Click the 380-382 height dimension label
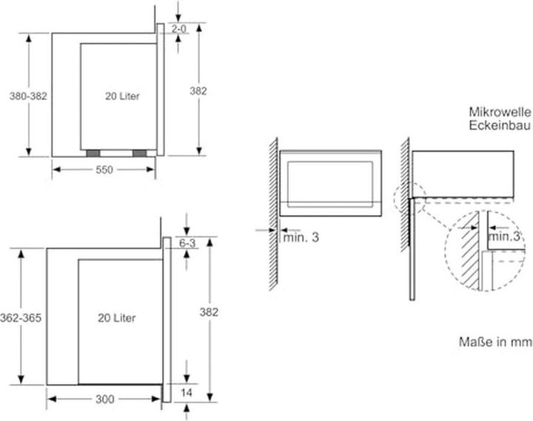pyautogui.click(x=28, y=96)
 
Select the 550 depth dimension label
pyautogui.click(x=104, y=170)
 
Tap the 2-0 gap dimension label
pyautogui.click(x=179, y=29)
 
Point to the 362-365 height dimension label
pyautogui.click(x=21, y=318)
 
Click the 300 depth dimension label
pyautogui.click(x=104, y=400)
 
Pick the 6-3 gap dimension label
pyautogui.click(x=187, y=243)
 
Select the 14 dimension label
pyautogui.click(x=187, y=393)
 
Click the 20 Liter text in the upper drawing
pyautogui.click(x=122, y=96)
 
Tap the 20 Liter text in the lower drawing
pyautogui.click(x=117, y=318)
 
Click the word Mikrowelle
pyautogui.click(x=500, y=112)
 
